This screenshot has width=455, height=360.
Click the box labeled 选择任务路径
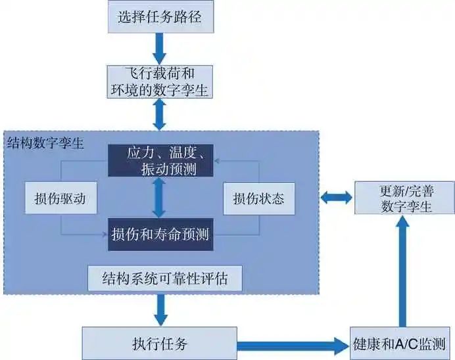click(x=160, y=17)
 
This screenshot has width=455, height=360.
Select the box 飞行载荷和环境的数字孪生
click(x=160, y=81)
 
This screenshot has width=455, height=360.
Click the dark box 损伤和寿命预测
click(x=160, y=234)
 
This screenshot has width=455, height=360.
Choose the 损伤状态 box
click(x=258, y=198)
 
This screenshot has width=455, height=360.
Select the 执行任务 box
click(x=160, y=343)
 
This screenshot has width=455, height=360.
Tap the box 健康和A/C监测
click(x=400, y=343)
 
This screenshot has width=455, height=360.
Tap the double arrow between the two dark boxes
click(x=158, y=197)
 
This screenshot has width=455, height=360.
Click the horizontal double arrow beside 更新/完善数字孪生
click(x=335, y=197)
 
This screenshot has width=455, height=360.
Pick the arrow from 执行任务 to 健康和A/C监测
click(x=293, y=344)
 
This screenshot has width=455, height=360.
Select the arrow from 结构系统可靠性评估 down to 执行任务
click(x=160, y=309)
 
